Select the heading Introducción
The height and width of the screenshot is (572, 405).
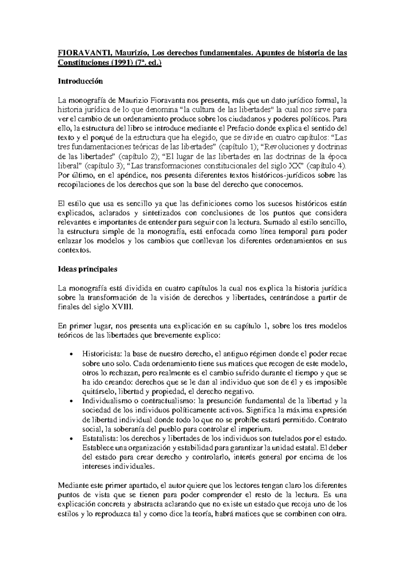(x=80, y=81)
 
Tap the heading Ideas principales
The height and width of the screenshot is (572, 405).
(x=87, y=269)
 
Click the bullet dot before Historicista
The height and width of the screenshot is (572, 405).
(x=71, y=354)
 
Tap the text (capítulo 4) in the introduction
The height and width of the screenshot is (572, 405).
(x=327, y=166)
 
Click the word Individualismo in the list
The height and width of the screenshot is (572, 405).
(x=103, y=401)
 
